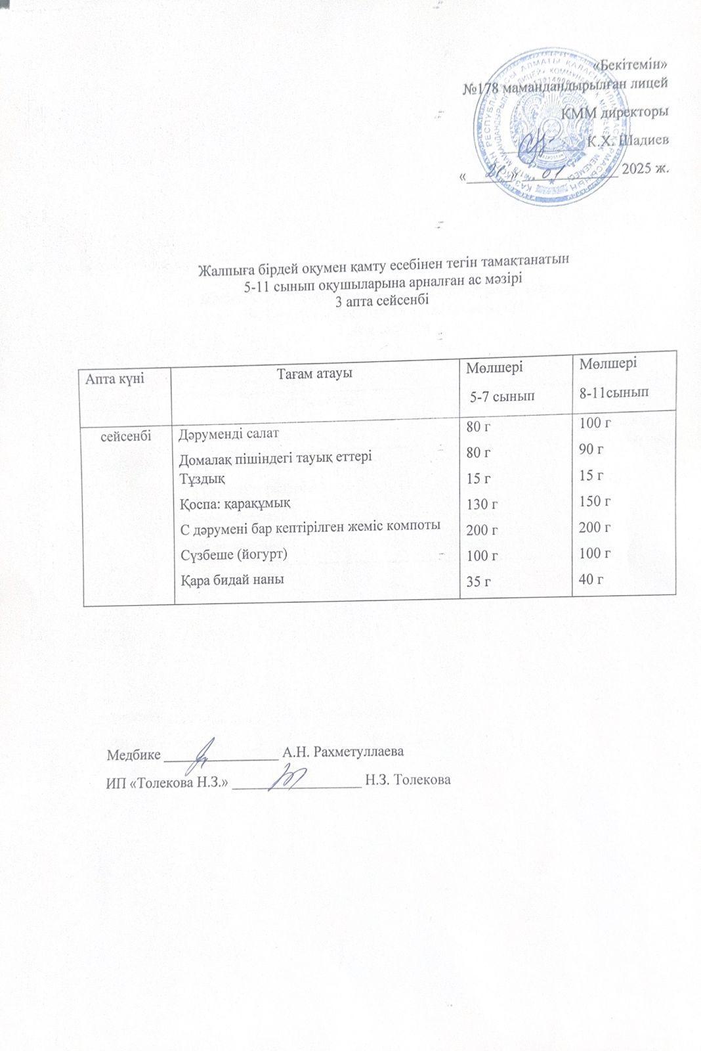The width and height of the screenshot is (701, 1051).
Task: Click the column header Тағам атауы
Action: click(x=315, y=373)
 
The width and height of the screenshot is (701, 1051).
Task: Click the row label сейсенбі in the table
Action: click(x=127, y=435)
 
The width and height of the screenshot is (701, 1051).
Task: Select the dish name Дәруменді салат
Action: click(x=230, y=434)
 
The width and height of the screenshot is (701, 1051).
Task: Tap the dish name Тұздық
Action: click(x=203, y=478)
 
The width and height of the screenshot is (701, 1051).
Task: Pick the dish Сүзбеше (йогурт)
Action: click(x=234, y=554)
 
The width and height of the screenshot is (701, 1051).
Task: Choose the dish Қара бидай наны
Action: click(x=232, y=579)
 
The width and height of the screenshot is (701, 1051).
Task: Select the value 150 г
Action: click(x=595, y=502)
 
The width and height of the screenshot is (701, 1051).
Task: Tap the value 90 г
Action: click(x=591, y=450)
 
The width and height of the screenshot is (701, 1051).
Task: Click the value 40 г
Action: click(x=591, y=579)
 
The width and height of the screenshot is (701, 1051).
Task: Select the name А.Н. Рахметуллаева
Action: click(x=342, y=751)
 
